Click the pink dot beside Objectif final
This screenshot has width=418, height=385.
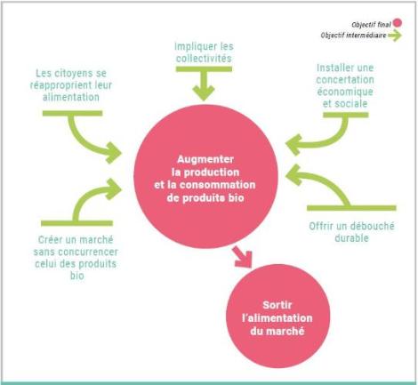398,23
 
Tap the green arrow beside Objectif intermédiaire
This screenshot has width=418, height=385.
395,36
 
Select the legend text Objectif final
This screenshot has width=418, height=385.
371,25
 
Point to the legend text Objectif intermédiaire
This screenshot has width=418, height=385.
353,36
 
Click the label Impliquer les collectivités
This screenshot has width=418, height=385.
204,52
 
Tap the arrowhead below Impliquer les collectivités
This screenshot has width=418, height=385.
204,92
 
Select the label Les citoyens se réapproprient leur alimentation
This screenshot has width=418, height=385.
71,85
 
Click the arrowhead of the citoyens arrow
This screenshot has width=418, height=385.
114,153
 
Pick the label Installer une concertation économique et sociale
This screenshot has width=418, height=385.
345,85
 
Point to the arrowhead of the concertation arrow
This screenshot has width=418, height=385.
293,145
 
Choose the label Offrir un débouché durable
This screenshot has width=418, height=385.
351,232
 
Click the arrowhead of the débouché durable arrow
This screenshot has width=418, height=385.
293,175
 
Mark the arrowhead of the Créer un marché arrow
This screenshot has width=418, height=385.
114,188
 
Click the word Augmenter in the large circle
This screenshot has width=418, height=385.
205,159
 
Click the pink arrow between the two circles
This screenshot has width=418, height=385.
242,257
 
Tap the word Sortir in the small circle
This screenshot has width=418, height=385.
277,305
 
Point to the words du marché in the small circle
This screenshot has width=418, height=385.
277,331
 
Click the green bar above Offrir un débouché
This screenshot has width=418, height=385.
351,208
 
